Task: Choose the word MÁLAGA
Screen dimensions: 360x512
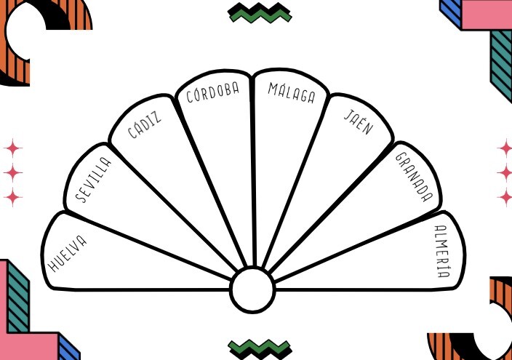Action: click(291, 92)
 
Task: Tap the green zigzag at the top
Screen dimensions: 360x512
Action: click(260, 12)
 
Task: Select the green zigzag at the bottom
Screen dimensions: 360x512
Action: click(260, 347)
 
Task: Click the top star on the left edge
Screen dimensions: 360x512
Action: click(12, 148)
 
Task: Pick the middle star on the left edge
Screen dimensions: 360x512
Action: click(12, 172)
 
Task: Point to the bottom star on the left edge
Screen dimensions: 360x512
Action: click(12, 196)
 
